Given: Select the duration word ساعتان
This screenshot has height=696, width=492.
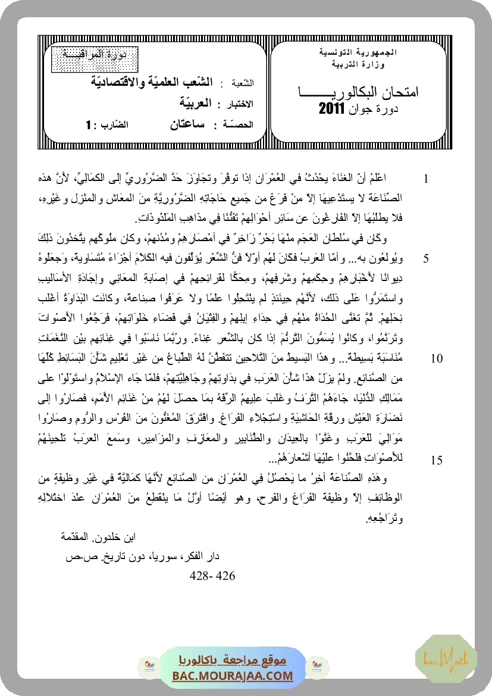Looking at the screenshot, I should tap(184, 124).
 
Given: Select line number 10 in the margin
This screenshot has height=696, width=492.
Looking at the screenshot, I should tap(435, 358).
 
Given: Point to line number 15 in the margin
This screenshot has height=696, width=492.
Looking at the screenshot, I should tap(435, 460).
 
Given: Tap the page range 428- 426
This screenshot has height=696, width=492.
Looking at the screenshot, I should tap(212, 576).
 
